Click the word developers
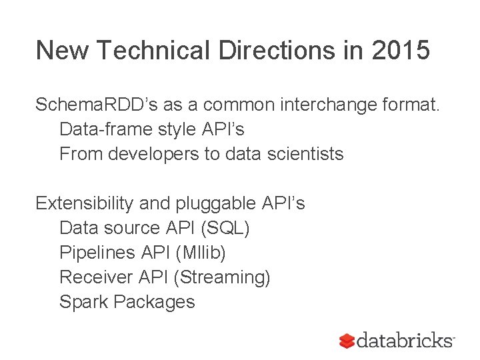point(161,154)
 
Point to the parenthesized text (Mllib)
point(201,253)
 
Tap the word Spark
point(84,302)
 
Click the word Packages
point(155,302)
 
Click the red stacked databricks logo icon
point(347,340)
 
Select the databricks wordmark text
point(404,340)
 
